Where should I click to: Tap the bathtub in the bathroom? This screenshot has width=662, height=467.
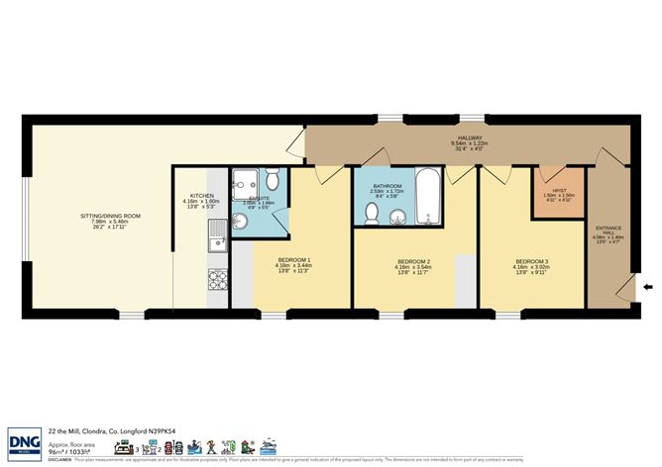427,198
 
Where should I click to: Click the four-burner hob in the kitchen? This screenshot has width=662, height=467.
215,280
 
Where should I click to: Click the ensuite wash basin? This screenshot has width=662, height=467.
241,220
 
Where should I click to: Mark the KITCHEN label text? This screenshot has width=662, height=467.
202,196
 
